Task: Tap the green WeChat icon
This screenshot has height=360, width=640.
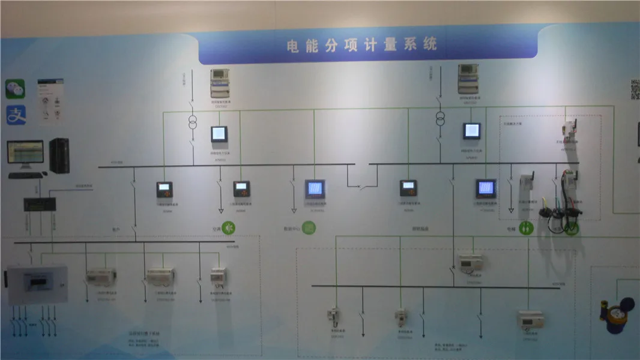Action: pos(16,89)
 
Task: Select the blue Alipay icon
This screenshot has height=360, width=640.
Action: pos(16,115)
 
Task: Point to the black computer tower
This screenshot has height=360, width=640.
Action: pos(59,155)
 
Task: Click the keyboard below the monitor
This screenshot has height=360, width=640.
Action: pos(26,175)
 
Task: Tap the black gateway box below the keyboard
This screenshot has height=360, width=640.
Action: pos(40,204)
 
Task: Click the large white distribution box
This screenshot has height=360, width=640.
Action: pos(37,284)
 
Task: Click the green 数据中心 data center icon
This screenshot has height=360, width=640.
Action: pos(309,228)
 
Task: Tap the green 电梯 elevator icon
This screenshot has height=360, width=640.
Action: pos(527,228)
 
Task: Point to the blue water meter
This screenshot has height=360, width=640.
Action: pos(617,313)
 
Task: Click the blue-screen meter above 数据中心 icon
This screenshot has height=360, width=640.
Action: pos(315,189)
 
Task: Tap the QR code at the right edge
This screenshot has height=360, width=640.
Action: pos(635,89)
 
